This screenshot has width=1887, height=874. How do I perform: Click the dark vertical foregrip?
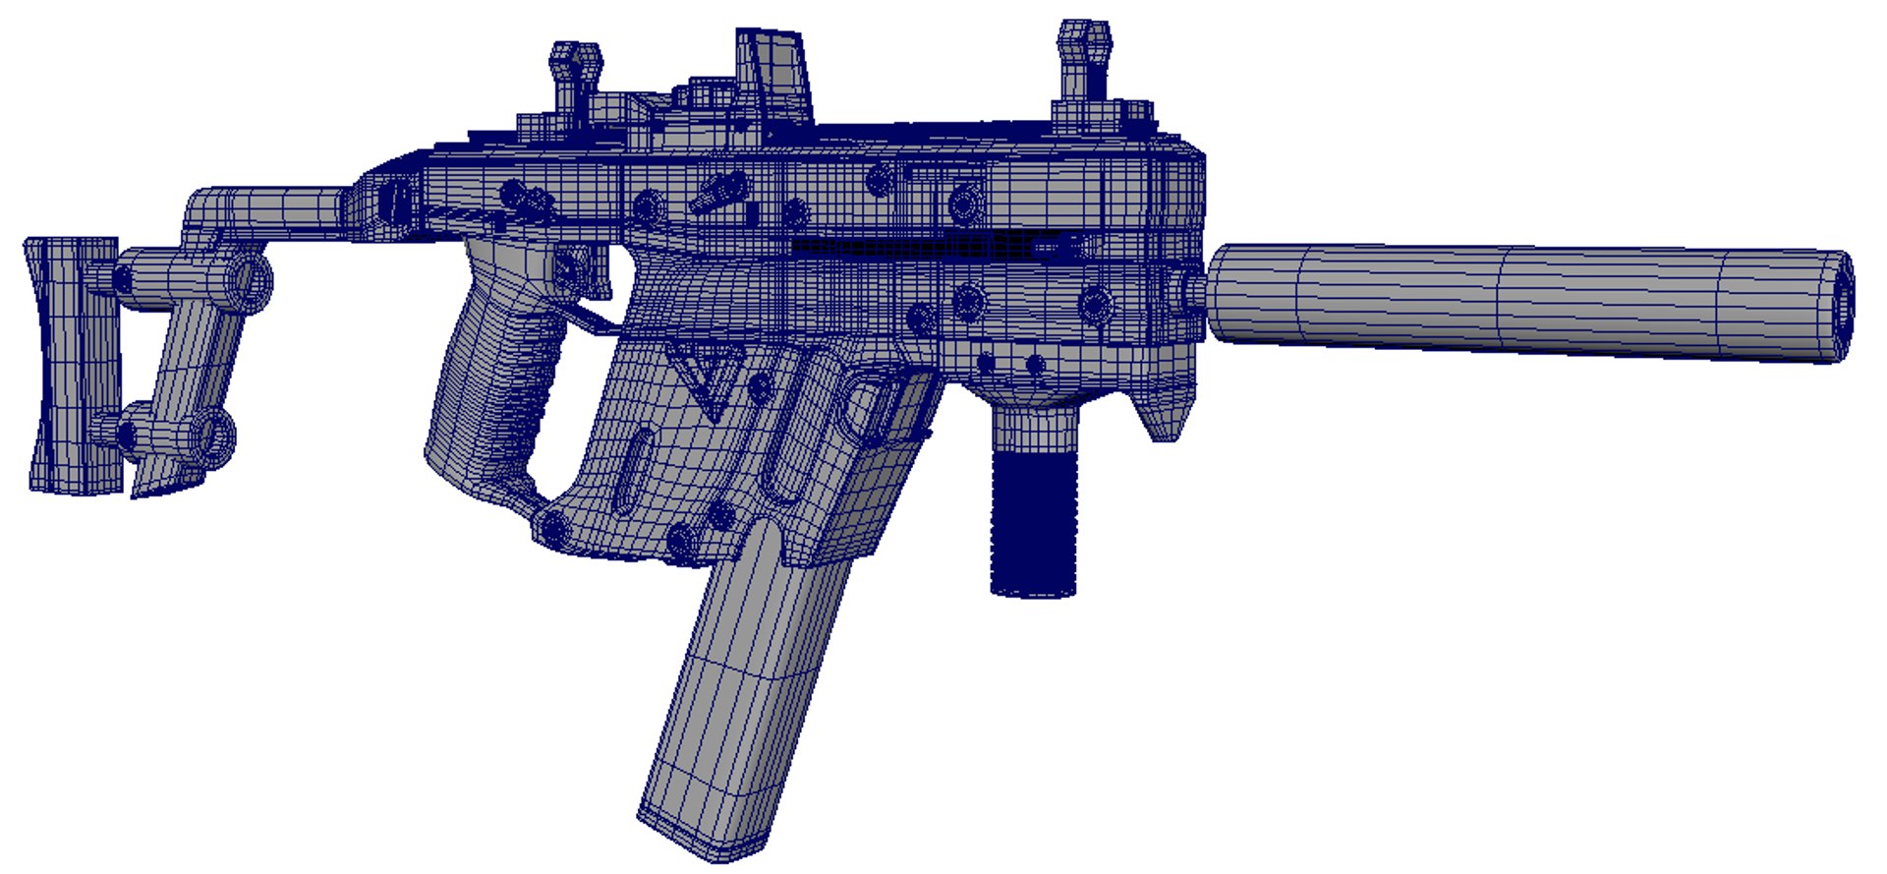pyautogui.click(x=1033, y=521)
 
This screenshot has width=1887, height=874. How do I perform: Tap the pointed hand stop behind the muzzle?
pyautogui.click(x=1165, y=418)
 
